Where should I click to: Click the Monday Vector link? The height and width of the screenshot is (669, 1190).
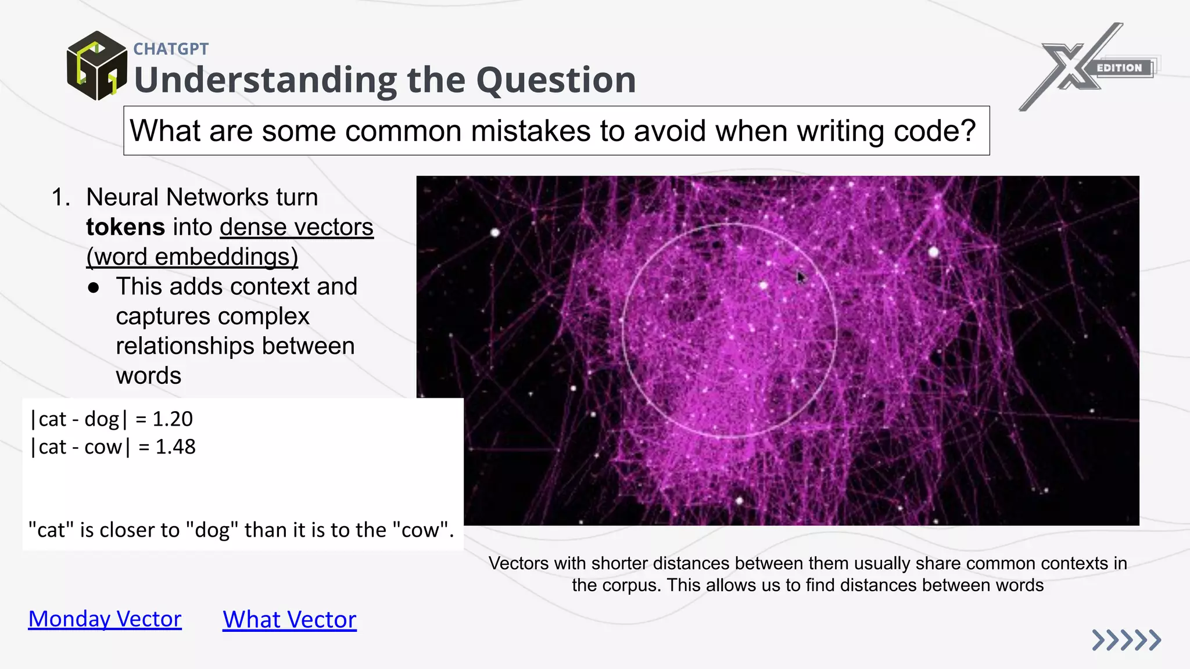tap(105, 619)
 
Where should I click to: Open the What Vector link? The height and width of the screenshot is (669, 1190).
tap(289, 620)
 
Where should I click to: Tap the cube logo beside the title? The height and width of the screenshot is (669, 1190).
tap(96, 66)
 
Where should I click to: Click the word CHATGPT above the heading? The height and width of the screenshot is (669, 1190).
tap(171, 49)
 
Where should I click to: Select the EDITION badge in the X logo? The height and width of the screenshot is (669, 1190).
tap(1119, 68)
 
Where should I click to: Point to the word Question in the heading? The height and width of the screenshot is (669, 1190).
tap(556, 80)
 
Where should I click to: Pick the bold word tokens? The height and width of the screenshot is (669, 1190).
tap(126, 227)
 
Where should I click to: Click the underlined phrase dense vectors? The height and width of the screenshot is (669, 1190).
tap(296, 227)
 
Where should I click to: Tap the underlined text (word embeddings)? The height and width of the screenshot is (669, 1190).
tap(192, 257)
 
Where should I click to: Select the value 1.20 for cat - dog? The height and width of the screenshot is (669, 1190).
tap(173, 419)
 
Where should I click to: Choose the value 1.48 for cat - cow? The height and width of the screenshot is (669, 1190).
tap(175, 447)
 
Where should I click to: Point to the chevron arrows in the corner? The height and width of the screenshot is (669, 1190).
tap(1126, 640)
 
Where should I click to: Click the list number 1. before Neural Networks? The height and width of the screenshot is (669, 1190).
tap(60, 197)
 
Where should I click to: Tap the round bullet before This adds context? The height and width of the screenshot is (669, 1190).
tap(94, 287)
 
